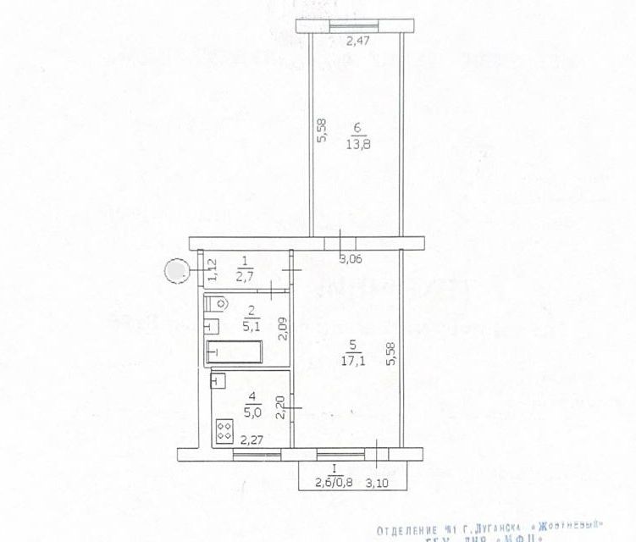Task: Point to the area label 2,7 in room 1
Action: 245,276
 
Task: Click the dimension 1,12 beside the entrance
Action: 213,269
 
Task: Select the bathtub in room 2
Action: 235,350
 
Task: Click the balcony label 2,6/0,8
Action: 334,484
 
